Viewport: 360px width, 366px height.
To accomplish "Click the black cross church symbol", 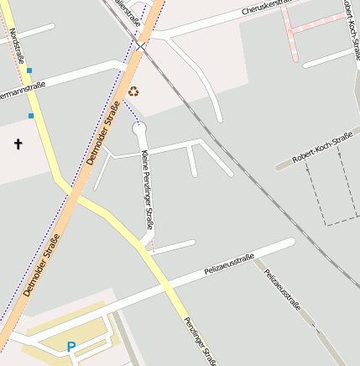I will (18, 144).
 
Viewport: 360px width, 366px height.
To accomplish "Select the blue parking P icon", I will (71, 346).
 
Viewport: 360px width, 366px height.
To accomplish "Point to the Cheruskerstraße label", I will (268, 8).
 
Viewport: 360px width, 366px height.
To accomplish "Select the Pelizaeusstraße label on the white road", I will (229, 265).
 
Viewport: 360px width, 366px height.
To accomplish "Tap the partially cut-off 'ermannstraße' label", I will (23, 93).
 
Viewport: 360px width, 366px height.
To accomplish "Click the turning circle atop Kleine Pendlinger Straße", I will (139, 128).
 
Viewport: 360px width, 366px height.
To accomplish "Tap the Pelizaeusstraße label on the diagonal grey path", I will (282, 290).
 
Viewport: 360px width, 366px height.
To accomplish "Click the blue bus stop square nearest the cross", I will (31, 115).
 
